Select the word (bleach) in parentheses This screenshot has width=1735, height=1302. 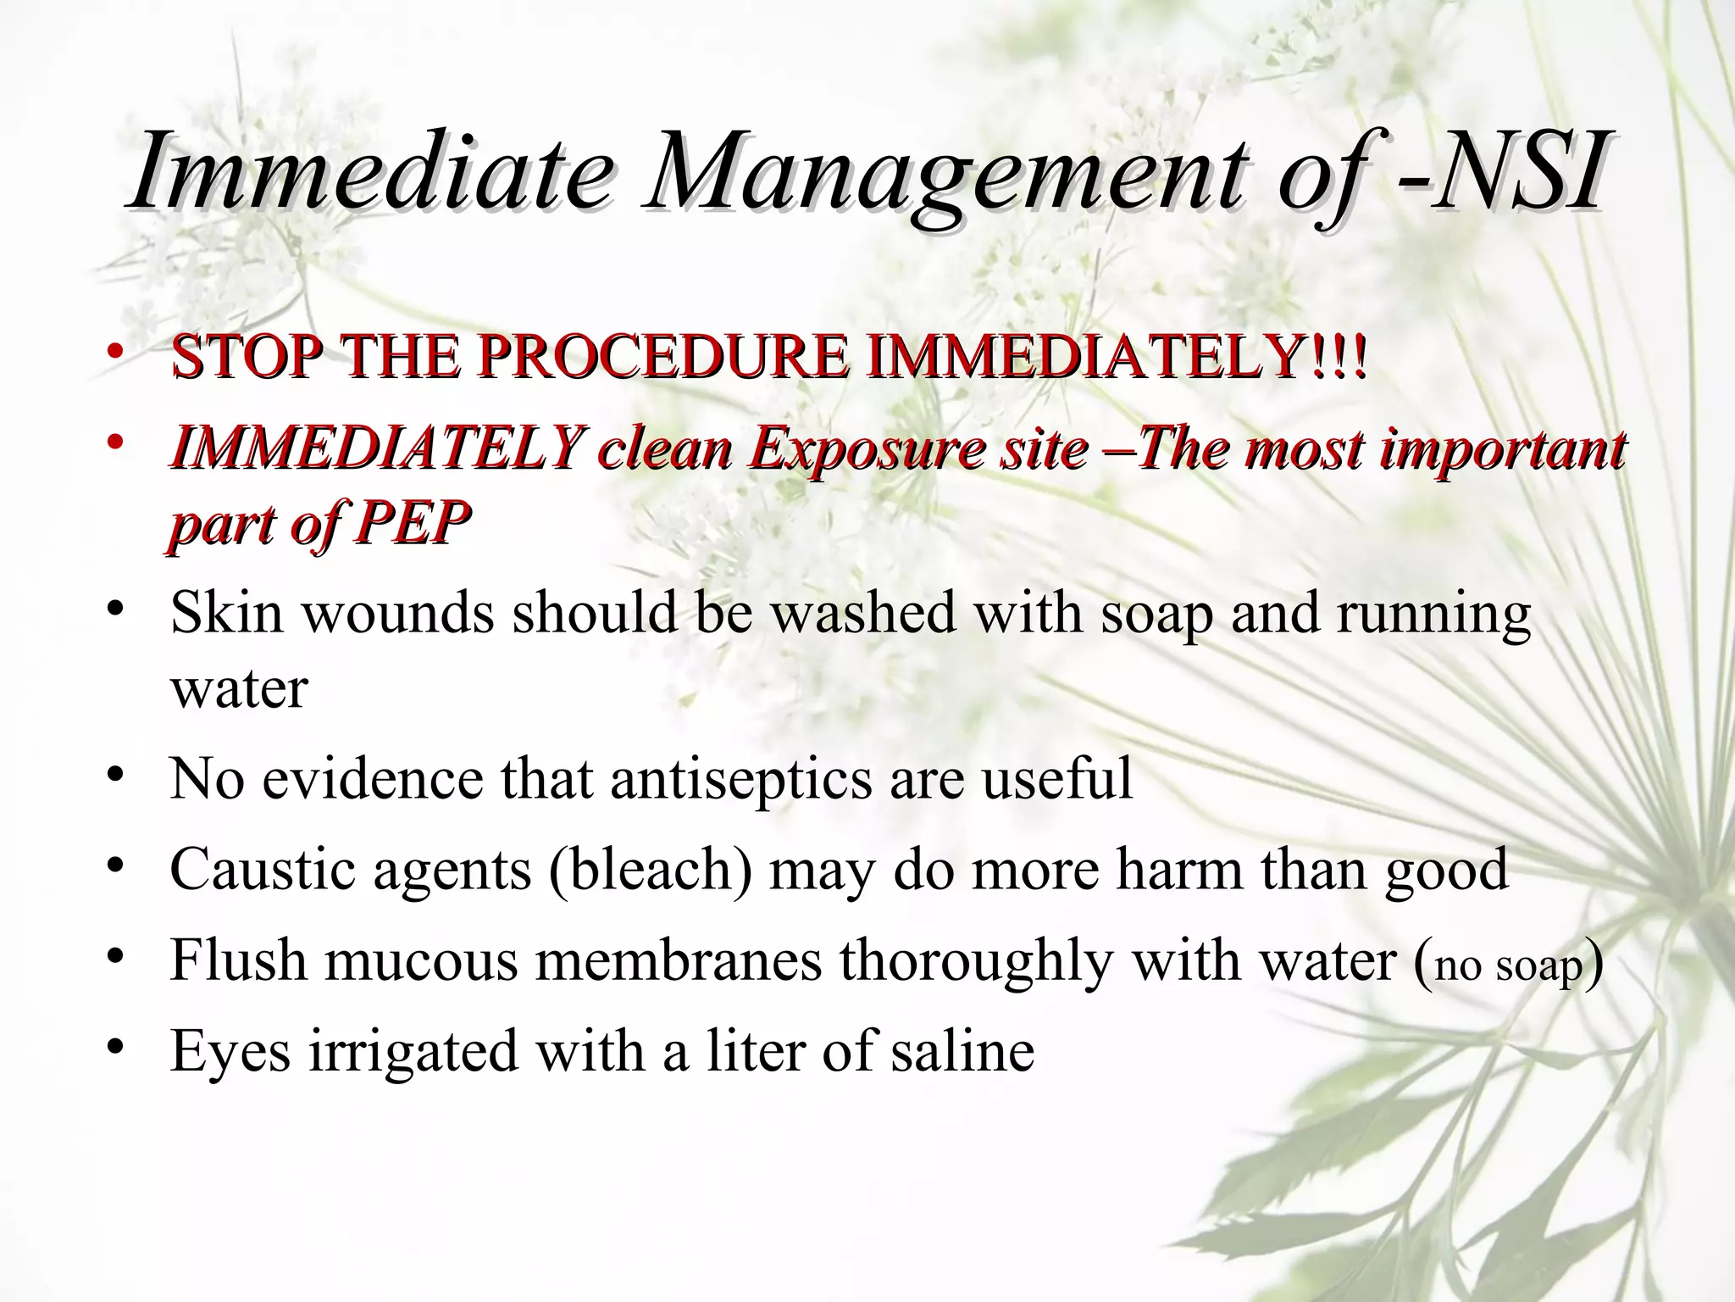pos(651,870)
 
